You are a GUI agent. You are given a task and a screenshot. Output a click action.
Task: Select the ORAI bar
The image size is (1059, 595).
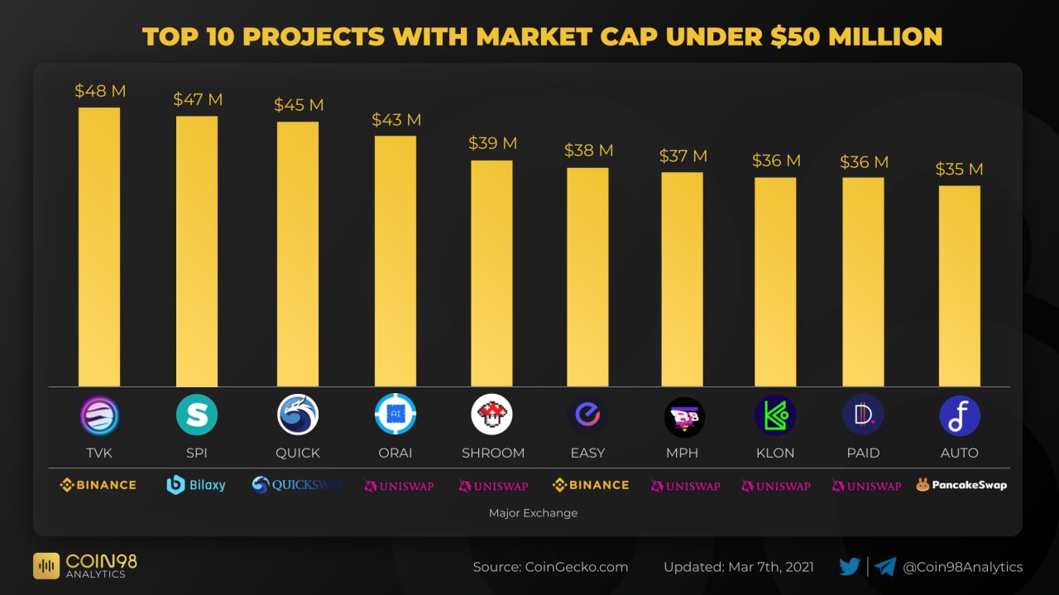[x=395, y=261]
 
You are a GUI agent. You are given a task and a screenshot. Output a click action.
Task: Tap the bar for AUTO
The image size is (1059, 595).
[x=960, y=286]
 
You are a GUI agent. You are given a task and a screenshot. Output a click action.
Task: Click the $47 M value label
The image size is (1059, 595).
[x=198, y=99]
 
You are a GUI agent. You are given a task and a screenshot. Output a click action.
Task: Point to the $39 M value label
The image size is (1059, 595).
[x=492, y=143]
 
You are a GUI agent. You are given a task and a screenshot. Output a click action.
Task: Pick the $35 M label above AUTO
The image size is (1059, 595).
[x=959, y=169]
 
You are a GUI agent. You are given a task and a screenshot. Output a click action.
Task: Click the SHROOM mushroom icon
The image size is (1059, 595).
[x=492, y=415]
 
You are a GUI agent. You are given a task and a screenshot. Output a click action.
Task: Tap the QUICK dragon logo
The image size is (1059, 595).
[x=298, y=415]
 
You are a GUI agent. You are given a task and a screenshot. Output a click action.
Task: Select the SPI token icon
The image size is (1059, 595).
[x=197, y=415]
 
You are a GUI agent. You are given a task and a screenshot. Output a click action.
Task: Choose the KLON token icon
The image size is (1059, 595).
[x=775, y=415]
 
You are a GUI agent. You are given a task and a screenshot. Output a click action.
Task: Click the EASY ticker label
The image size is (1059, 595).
[x=587, y=453]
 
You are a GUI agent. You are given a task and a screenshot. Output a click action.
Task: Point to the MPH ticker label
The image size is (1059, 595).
[x=682, y=453]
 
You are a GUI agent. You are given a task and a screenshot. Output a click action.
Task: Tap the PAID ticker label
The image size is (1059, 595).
[x=863, y=453]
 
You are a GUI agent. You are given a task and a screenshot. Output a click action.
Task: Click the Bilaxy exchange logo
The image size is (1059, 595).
[x=196, y=485]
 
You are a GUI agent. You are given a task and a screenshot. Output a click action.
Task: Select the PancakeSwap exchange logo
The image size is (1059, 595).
[x=961, y=485]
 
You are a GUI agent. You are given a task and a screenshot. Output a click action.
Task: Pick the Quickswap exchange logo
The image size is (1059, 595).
[x=297, y=485]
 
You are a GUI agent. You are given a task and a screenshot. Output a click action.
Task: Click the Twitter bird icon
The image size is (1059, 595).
[x=850, y=567]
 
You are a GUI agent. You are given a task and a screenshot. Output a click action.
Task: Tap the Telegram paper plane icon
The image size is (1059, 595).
[x=885, y=567]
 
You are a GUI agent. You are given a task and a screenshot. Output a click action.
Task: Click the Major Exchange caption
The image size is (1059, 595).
[x=533, y=513]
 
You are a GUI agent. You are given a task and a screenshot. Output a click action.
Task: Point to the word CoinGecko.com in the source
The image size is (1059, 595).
[x=577, y=567]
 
